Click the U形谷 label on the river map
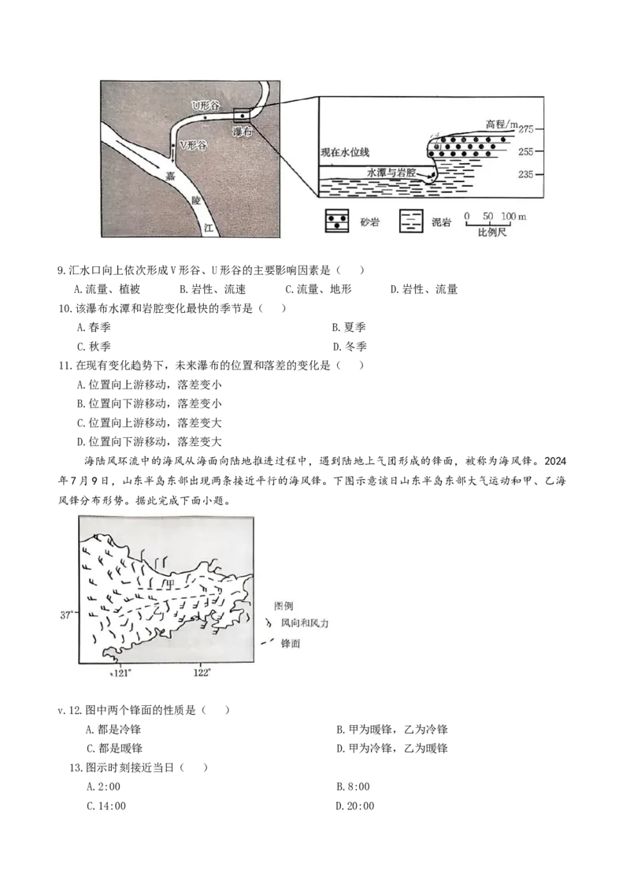[202, 104]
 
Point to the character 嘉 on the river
[170, 177]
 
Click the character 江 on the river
[208, 227]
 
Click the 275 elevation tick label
[526, 128]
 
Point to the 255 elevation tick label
[526, 151]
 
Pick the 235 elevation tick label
[526, 175]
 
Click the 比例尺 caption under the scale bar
[493, 235]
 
